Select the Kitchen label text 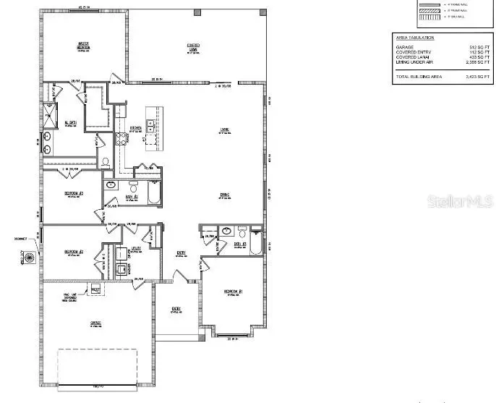click(135, 128)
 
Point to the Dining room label click(225, 195)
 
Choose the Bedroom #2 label click(75, 252)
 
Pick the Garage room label click(95, 323)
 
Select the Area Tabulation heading click(416, 36)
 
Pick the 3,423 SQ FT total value click(471, 76)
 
